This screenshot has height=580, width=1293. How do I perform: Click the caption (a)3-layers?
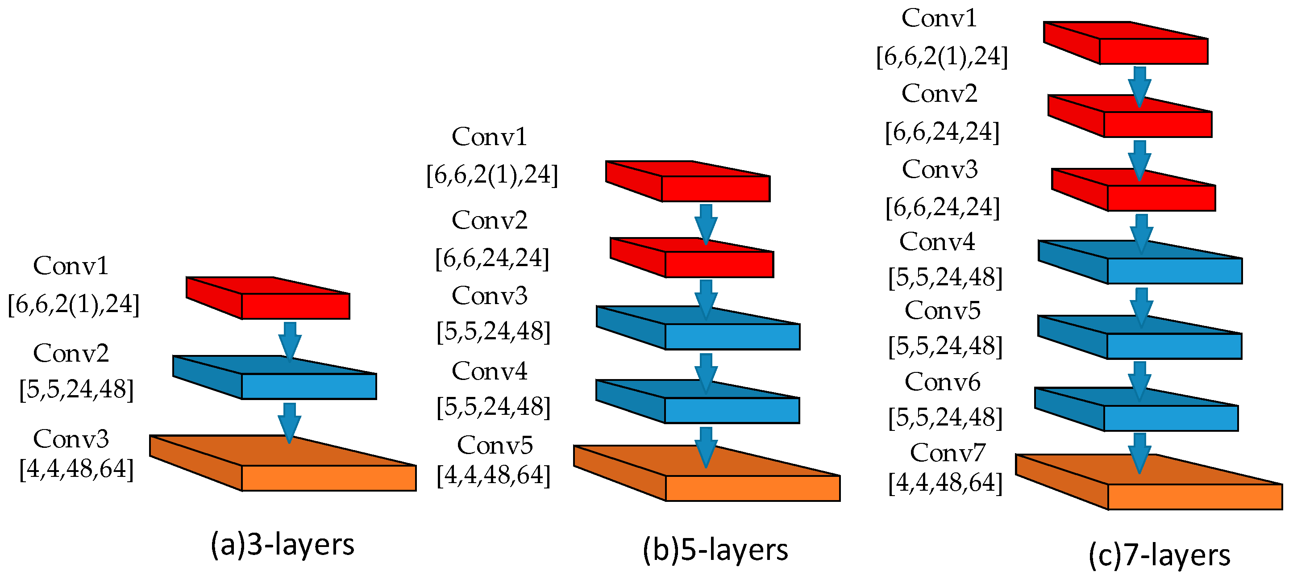282,544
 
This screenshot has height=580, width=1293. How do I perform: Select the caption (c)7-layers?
1160,555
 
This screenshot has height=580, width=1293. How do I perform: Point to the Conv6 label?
942,382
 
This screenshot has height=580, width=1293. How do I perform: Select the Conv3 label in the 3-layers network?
71,438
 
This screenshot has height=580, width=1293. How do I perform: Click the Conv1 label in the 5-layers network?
489,136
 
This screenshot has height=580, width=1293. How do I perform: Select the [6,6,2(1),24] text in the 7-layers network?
942,56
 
